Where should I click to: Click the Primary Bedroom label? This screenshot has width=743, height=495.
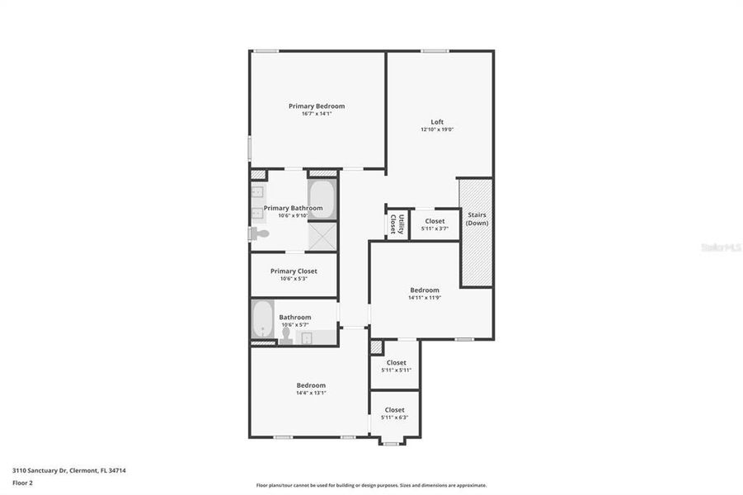point(317,106)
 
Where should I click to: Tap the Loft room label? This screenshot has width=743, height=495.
point(437,122)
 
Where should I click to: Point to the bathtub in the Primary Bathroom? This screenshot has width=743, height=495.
point(322,199)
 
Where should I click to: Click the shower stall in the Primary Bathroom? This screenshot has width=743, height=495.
point(322,237)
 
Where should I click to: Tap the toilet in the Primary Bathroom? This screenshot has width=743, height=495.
point(260,234)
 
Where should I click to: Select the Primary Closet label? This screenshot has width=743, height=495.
point(294,271)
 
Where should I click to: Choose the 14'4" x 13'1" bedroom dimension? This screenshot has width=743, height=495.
point(312,393)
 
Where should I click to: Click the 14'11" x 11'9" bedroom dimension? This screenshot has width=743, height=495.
point(425,297)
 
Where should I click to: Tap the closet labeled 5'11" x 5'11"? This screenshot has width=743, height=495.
point(396,370)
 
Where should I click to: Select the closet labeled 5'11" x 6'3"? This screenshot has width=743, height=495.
point(394,417)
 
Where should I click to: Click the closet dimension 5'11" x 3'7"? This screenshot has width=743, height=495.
point(435,229)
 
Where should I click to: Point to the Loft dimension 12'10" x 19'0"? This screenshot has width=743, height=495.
point(437,130)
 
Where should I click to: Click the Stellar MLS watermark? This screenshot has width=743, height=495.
point(720,247)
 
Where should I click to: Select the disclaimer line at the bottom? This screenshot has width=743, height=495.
point(371,485)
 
